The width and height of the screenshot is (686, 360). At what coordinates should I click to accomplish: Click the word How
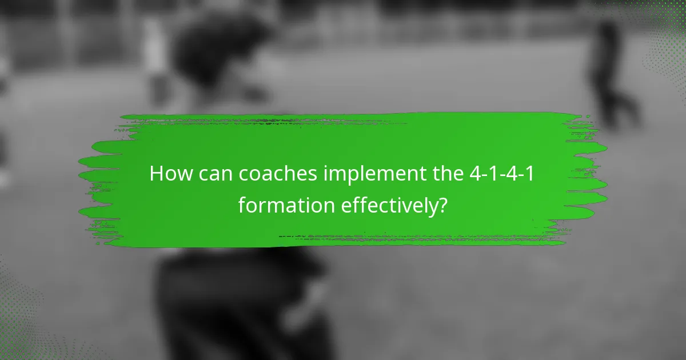169,174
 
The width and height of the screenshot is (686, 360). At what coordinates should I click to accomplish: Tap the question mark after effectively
441,204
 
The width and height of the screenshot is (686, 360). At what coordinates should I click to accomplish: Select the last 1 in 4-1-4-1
531,174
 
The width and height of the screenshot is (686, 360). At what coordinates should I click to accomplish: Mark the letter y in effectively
429,206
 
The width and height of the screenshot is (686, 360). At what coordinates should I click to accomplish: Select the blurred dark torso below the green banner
240,303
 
